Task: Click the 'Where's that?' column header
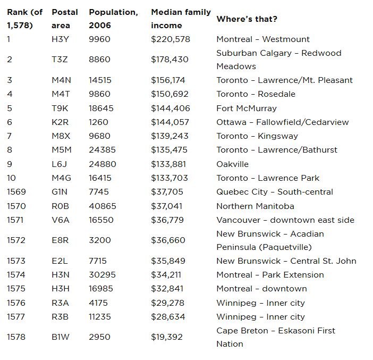[247, 19]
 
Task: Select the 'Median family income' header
[181, 19]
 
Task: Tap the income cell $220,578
[170, 39]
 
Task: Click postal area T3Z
[60, 60]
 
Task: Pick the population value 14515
[100, 80]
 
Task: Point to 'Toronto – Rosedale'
[256, 94]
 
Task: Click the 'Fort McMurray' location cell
[247, 108]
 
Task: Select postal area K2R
[60, 122]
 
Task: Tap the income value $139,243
[170, 136]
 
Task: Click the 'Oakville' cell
[232, 164]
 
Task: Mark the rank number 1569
[16, 192]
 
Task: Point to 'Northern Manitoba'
[255, 206]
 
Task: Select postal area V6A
[60, 220]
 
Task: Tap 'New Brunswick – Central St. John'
[286, 261]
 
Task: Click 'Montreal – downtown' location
[261, 289]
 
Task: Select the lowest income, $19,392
[168, 337]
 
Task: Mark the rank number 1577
[16, 317]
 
